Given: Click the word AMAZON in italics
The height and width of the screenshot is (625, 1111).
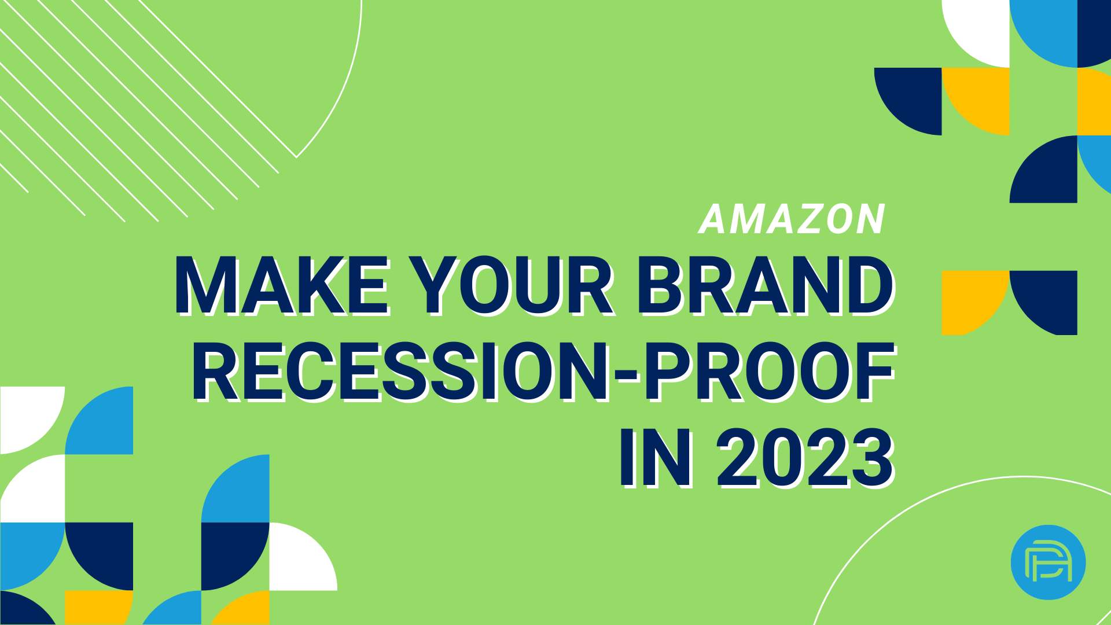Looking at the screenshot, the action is click(792, 219).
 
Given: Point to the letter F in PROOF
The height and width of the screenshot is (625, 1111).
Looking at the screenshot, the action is click(875, 372).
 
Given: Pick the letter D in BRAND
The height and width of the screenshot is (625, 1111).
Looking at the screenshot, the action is click(871, 286).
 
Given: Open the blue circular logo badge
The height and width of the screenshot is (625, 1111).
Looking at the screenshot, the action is click(1048, 562).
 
